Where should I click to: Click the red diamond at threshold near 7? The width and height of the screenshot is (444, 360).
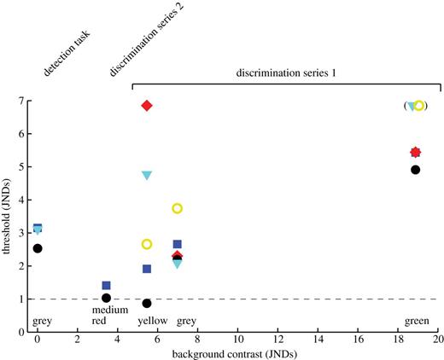(x=147, y=106)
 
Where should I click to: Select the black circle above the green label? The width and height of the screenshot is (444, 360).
(x=416, y=170)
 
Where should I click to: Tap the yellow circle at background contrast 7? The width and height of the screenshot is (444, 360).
(x=178, y=208)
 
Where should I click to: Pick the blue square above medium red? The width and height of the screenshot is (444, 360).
(x=106, y=286)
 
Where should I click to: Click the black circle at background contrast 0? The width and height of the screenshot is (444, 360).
(x=38, y=248)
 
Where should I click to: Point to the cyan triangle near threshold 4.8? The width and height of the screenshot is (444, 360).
(x=147, y=176)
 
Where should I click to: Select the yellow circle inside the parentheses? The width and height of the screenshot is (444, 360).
(x=419, y=106)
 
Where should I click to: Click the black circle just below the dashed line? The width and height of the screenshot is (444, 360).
(x=147, y=303)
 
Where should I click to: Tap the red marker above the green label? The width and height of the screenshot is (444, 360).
(x=416, y=153)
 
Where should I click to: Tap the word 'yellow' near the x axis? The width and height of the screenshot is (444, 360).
(x=152, y=322)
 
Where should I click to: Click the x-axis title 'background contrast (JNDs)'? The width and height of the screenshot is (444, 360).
(x=238, y=353)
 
